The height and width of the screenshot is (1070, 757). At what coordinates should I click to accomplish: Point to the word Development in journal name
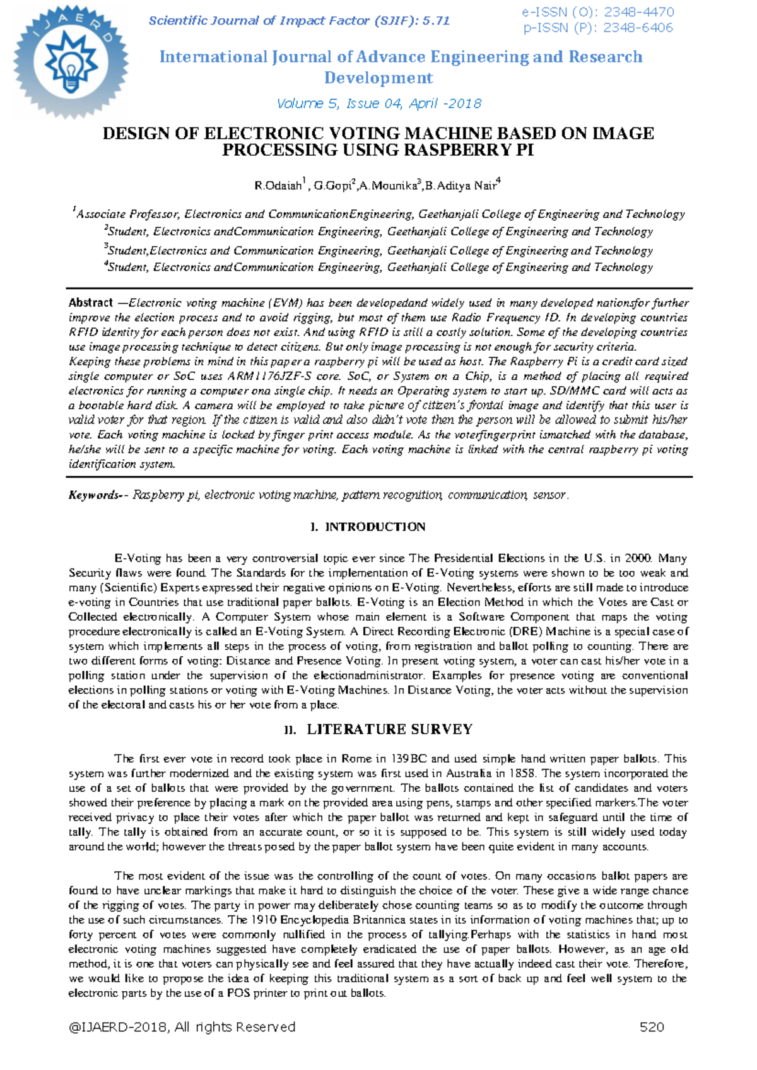point(378,78)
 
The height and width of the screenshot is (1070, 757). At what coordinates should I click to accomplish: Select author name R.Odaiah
point(278,185)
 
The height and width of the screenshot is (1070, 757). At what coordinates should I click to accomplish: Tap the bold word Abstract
point(90,303)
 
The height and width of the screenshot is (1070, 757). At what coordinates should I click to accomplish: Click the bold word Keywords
point(93,495)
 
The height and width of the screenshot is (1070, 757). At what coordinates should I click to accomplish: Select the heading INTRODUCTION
point(375,527)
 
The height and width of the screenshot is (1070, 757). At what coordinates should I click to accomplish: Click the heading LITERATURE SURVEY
point(389,729)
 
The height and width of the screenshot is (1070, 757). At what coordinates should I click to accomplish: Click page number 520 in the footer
point(652,1027)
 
